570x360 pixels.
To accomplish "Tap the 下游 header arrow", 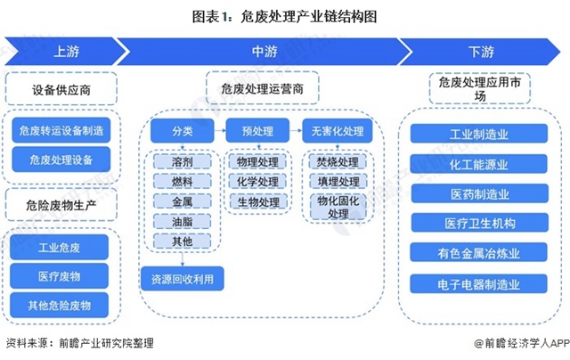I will point(481,51).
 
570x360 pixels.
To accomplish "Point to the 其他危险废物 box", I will point(61,306).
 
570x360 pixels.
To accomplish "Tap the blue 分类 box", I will point(182,131).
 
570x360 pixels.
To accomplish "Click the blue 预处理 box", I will point(257,131).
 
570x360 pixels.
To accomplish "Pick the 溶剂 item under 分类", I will point(182,163).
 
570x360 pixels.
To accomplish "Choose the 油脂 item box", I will point(182,222).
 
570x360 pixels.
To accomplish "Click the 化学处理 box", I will point(257,183).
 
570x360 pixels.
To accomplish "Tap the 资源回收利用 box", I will point(182,279).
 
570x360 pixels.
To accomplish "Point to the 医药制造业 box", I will point(479,195).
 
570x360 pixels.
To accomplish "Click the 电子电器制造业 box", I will point(479,284).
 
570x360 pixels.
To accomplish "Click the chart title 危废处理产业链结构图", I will point(285,15).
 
